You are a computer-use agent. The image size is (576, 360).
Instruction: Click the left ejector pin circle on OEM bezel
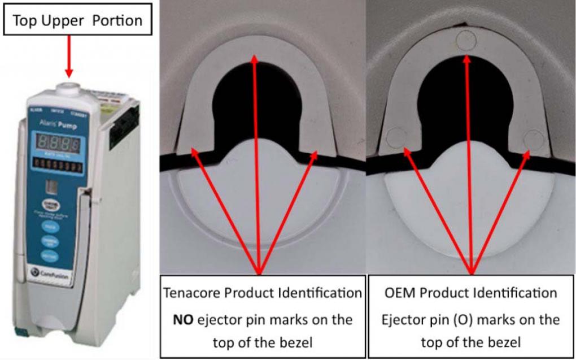tap(395, 136)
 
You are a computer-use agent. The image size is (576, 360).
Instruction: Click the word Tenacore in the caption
tap(190, 293)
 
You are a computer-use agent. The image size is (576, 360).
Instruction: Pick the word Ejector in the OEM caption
tap(404, 319)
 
